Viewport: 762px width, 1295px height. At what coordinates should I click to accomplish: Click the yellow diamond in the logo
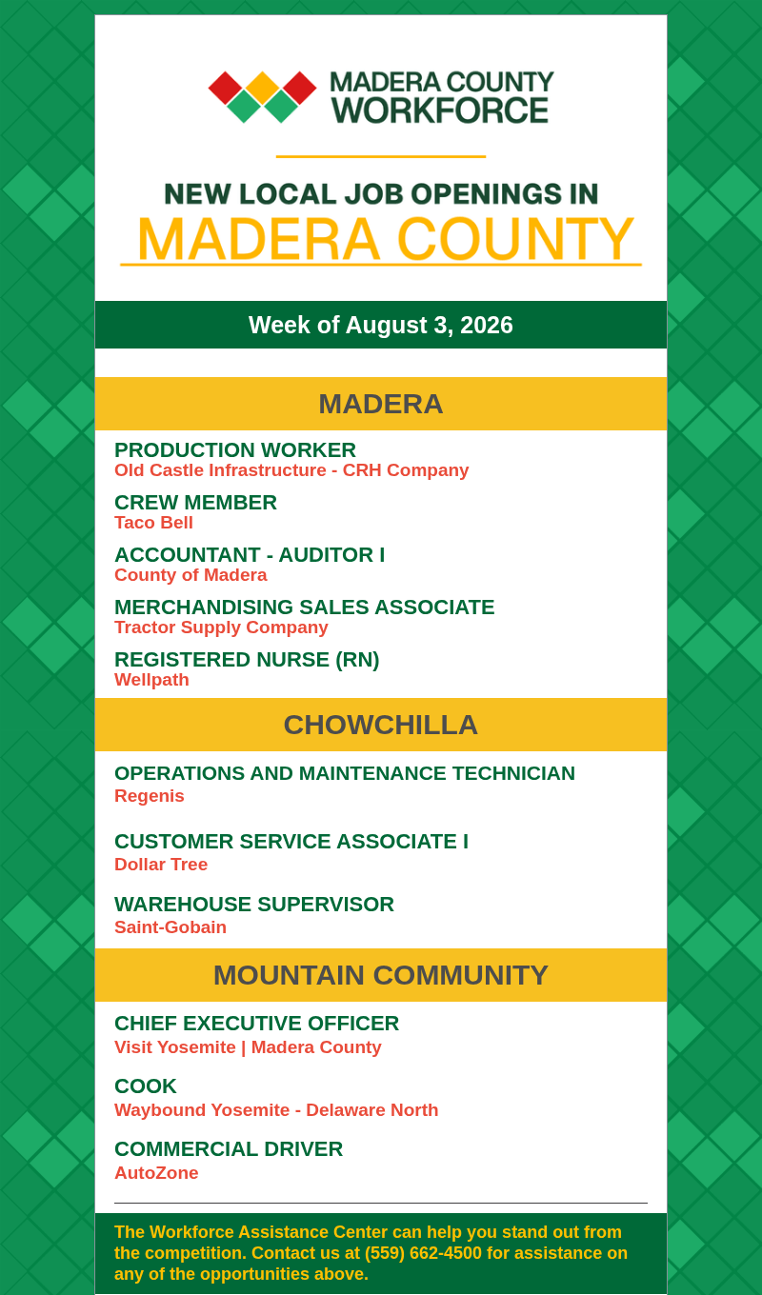point(263,88)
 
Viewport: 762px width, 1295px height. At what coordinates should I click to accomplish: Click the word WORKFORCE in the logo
point(440,110)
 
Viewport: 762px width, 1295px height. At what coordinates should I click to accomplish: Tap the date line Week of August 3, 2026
point(381,325)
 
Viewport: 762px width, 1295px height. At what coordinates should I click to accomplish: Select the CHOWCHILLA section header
point(381,725)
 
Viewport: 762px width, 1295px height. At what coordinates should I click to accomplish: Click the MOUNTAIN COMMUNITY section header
point(381,975)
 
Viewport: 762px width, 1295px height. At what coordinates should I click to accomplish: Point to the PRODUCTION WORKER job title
point(235,449)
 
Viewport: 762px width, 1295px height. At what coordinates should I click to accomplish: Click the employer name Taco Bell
point(153,523)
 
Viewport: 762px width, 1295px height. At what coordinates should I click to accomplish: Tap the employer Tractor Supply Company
point(221,628)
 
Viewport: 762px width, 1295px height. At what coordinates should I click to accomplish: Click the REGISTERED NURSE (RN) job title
point(247,660)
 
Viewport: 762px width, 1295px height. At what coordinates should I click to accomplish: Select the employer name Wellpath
point(152,680)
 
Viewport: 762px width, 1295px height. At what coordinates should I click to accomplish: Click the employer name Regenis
point(150,796)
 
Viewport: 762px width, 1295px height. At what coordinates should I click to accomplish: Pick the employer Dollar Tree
point(161,865)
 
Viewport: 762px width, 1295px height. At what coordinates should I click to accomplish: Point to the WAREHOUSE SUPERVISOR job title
point(254,905)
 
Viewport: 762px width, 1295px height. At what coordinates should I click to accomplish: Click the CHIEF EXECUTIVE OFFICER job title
point(256,1024)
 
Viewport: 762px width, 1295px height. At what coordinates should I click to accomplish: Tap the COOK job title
point(146,1086)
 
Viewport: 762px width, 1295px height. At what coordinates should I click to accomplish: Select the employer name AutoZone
point(156,1172)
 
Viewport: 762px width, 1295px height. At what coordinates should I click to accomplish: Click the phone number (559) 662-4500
point(423,1253)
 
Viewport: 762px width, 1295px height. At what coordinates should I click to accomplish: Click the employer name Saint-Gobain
point(170,927)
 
